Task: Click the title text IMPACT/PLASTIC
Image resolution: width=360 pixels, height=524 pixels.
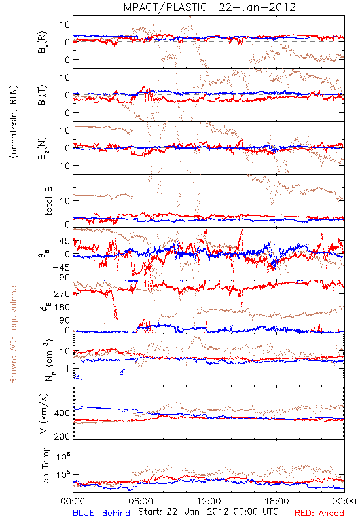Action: (164, 7)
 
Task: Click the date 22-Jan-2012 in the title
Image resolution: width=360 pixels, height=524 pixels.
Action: (257, 7)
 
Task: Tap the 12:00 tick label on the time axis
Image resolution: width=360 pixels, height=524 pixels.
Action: (209, 501)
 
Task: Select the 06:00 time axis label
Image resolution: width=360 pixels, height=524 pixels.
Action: (141, 501)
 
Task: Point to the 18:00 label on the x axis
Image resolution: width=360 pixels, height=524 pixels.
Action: (277, 501)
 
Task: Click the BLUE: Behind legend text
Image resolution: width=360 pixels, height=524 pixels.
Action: (101, 513)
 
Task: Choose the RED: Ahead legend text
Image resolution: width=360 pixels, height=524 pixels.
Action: (319, 513)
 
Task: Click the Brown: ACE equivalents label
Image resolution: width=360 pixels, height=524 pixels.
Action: (13, 333)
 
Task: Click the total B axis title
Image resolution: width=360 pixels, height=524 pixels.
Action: (48, 201)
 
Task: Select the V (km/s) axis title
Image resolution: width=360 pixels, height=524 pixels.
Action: (44, 413)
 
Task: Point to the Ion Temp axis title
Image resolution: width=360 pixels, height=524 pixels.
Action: (45, 466)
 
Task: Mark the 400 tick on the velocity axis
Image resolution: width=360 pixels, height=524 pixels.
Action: (62, 413)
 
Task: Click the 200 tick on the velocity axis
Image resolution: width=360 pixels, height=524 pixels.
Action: (62, 436)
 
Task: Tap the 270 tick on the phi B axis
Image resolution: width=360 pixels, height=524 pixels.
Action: (62, 293)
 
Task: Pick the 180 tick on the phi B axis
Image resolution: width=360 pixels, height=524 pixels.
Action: (62, 307)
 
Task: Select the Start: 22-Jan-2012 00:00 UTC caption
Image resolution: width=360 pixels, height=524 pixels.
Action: (208, 512)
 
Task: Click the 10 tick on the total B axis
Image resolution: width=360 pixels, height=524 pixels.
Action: (65, 201)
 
